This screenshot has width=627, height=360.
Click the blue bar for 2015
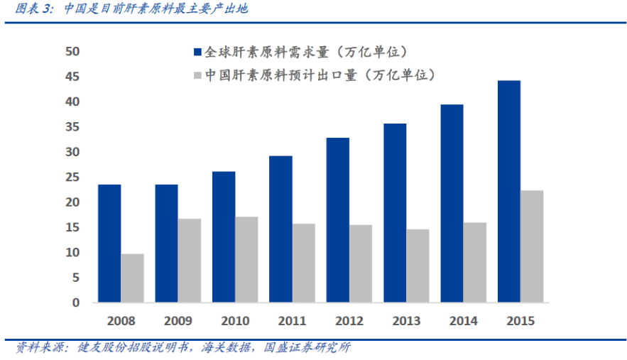pos(508,192)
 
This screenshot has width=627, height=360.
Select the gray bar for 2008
pos(132,278)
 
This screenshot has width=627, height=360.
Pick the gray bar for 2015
pos(532,246)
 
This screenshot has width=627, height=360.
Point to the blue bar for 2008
pos(109,244)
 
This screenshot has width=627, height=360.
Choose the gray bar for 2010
pos(246,260)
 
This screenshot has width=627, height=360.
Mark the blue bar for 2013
pos(395,213)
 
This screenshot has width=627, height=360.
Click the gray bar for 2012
pos(361,263)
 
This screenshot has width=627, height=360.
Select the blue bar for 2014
pos(452,204)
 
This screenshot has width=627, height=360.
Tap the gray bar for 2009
pos(190,261)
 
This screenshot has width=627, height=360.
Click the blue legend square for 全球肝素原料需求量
pos(198,53)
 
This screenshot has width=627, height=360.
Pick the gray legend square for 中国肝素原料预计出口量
pos(198,75)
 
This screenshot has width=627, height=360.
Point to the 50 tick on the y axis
pos(73,52)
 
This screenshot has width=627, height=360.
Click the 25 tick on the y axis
pos(73,178)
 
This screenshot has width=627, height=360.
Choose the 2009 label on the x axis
pos(178,321)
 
